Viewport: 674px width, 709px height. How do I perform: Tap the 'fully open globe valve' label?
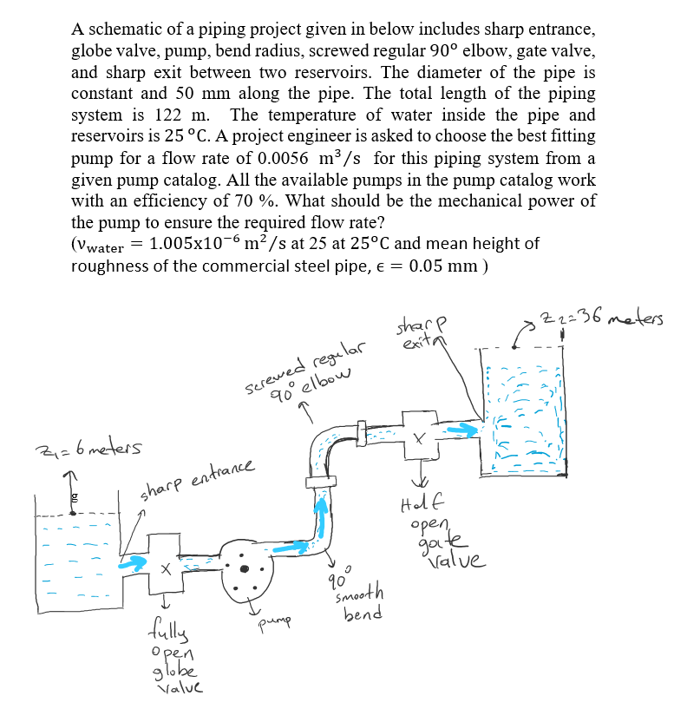pos(176,646)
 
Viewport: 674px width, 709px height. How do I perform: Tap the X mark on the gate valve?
pos(419,440)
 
